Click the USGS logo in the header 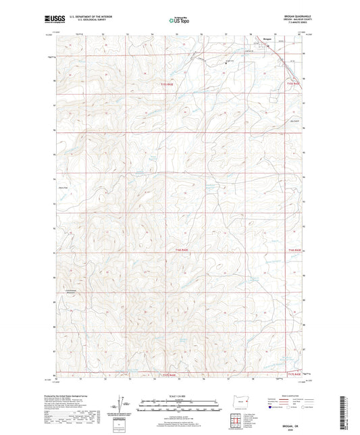point(51,20)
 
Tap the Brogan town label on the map point(267,41)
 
